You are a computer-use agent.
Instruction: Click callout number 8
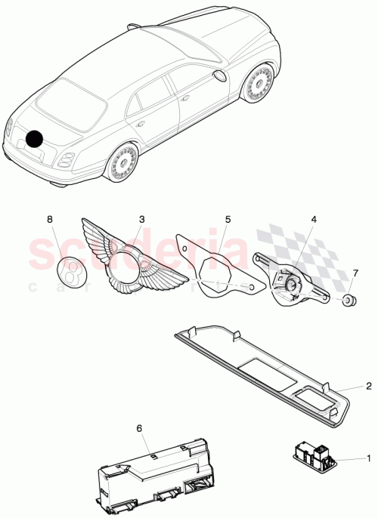pos(51,219)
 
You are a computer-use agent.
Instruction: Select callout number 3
pos(141,219)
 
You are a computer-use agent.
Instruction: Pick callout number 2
pos(368,386)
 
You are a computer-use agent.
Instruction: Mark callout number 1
pos(368,458)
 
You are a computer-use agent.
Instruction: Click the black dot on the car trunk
pos(35,139)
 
